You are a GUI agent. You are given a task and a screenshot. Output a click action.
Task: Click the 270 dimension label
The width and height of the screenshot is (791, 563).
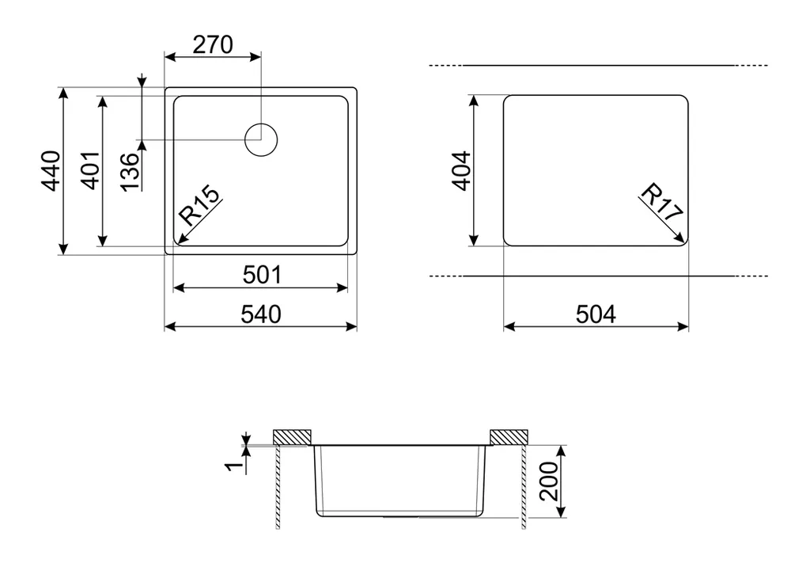click(213, 44)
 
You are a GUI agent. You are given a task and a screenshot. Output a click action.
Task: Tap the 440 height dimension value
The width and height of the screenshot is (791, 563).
click(51, 171)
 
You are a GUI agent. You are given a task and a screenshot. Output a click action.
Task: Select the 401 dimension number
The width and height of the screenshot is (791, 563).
click(91, 170)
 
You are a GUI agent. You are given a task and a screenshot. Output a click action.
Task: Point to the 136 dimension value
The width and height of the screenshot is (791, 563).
click(131, 172)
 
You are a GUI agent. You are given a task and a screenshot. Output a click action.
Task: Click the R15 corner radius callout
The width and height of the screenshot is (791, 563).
click(200, 206)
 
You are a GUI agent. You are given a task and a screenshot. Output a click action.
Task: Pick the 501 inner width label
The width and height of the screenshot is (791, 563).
click(263, 276)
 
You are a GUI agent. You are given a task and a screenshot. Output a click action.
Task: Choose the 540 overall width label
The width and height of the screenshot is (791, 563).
click(261, 314)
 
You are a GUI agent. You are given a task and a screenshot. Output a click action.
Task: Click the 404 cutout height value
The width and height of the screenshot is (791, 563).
click(461, 171)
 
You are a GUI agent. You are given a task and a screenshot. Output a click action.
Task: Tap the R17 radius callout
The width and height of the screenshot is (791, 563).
click(661, 202)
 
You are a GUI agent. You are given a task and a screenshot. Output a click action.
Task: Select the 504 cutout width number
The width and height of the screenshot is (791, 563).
click(596, 314)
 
